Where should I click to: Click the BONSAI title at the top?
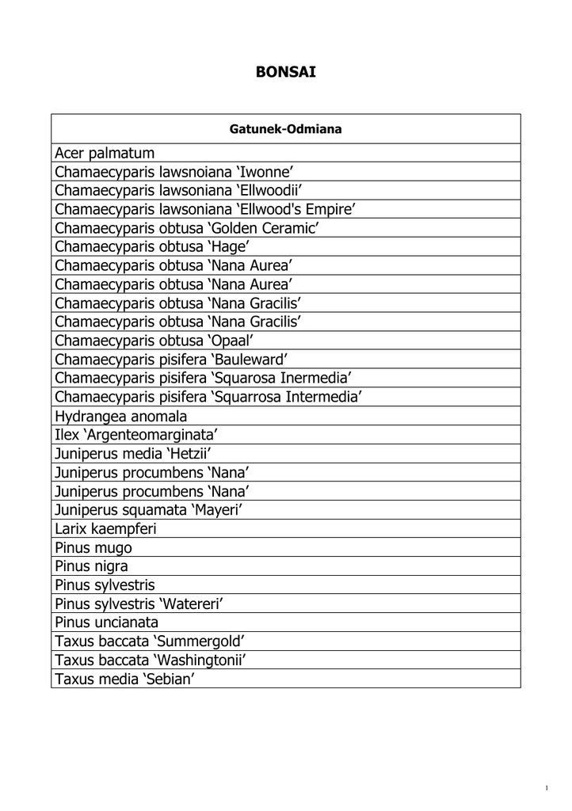click(x=285, y=72)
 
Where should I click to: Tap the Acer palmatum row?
click(x=105, y=152)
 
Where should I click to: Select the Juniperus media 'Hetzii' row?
click(x=135, y=454)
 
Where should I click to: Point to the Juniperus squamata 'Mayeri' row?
click(x=148, y=510)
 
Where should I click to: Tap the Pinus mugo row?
click(x=93, y=548)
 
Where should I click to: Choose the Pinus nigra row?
click(x=91, y=566)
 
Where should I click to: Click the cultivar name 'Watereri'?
click(x=193, y=604)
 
